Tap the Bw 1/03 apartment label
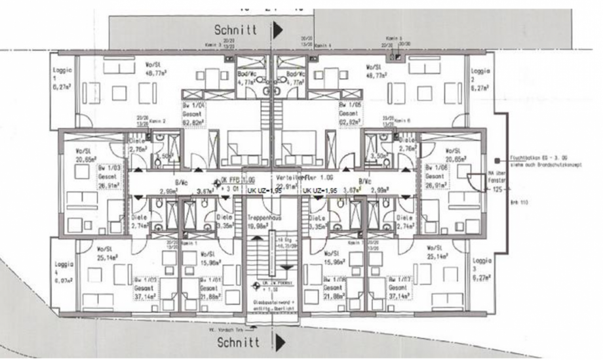point(107,168)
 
